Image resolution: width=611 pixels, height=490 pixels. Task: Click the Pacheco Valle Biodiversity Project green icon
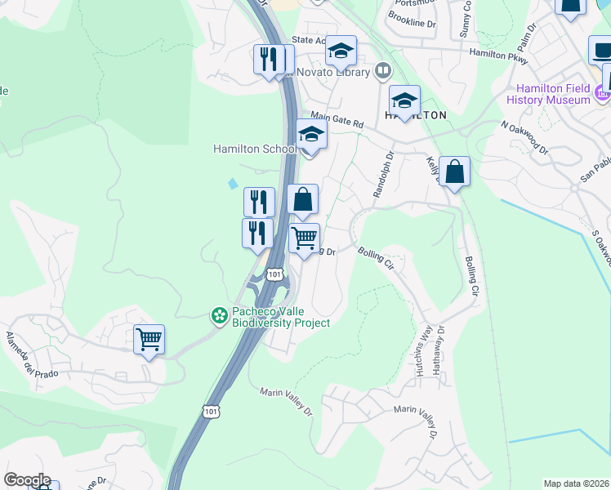(219, 314)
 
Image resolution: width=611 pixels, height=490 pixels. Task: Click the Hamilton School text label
(254, 149)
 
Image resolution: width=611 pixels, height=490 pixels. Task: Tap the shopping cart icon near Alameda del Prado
(149, 339)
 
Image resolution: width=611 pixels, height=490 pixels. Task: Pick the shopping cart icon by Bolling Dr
(304, 238)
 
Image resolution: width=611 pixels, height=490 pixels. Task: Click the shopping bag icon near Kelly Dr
(454, 171)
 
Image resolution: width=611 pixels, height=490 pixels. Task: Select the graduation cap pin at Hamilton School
(310, 135)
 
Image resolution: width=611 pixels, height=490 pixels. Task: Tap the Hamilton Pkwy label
(499, 53)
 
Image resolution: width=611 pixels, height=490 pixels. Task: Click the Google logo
(27, 480)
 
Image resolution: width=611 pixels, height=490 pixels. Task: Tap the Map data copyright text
(576, 483)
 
